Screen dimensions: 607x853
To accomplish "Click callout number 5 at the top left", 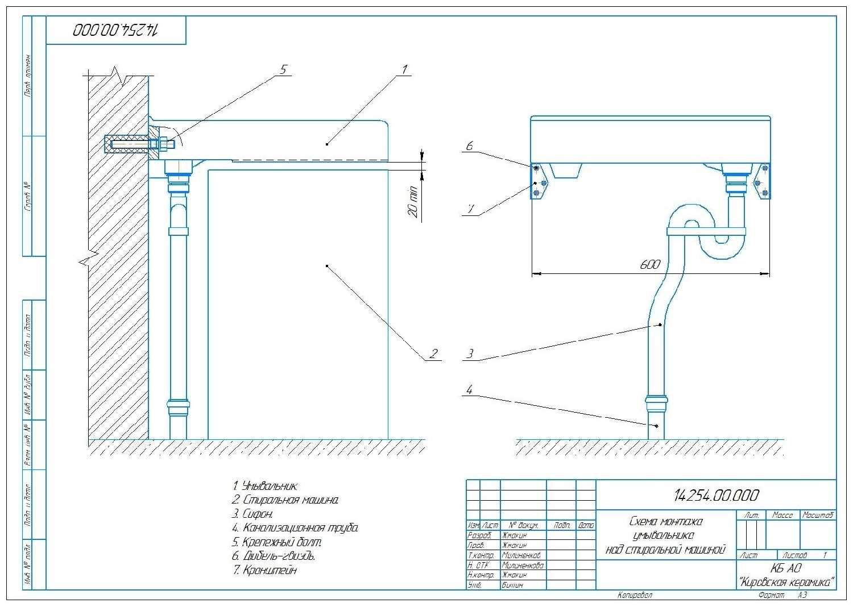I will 283,70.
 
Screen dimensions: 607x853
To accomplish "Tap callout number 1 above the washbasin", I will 404,70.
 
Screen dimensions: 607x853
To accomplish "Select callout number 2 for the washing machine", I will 433,354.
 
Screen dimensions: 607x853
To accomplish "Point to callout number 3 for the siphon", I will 470,354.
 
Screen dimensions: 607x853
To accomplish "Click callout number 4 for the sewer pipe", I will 469,390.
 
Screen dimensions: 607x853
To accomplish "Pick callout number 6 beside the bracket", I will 469,147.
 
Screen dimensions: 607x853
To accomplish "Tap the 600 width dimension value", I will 650,265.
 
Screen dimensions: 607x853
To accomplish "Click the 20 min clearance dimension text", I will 413,202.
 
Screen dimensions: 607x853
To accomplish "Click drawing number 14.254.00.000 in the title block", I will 716,496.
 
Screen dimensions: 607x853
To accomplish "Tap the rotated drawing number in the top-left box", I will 116,30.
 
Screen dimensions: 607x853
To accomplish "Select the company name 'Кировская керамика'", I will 786,583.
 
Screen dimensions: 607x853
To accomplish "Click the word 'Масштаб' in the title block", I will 818,515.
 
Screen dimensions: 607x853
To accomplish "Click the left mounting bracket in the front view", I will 539,181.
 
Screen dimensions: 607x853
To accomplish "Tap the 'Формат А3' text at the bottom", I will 782,595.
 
